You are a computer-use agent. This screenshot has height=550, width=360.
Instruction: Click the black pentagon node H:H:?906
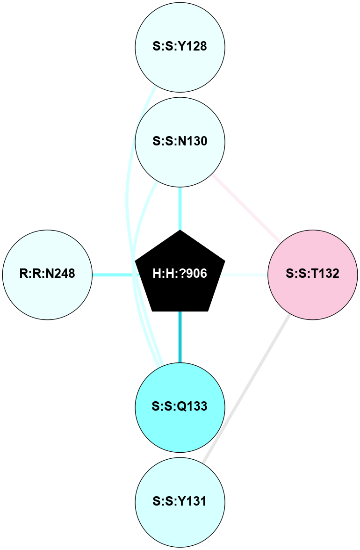click(180, 281)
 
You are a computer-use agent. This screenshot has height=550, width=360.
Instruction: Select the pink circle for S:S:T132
click(313, 290)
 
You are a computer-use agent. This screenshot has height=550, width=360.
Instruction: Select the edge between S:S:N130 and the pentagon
click(180, 208)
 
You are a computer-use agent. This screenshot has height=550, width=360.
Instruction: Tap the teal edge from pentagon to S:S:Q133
click(180, 337)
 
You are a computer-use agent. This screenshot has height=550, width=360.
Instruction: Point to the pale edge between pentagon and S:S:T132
click(245, 275)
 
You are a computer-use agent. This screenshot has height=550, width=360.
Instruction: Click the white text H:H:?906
click(180, 274)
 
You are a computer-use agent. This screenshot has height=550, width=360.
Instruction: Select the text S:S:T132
click(313, 274)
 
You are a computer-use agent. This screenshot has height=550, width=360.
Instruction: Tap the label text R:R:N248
click(47, 274)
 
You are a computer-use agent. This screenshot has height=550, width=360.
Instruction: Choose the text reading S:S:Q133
click(180, 407)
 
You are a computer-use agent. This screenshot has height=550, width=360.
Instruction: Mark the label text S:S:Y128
click(180, 47)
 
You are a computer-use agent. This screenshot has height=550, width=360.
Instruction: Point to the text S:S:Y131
click(180, 502)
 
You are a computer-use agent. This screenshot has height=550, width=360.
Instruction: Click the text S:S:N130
click(180, 141)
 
